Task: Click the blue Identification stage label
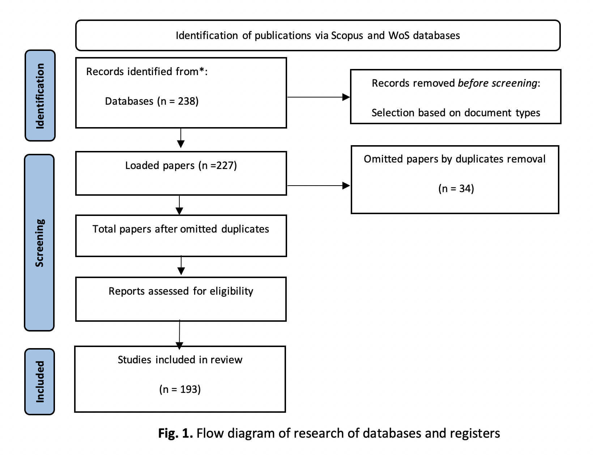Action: (x=40, y=96)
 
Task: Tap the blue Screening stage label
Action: (x=39, y=243)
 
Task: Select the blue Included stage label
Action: (x=40, y=382)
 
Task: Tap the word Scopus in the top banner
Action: (x=347, y=36)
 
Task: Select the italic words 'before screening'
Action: (x=498, y=83)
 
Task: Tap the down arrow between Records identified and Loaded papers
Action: (x=181, y=138)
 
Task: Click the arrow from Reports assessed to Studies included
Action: (x=180, y=335)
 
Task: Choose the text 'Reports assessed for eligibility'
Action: (x=181, y=291)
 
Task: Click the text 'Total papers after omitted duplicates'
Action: (x=181, y=229)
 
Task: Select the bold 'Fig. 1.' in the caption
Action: (x=176, y=433)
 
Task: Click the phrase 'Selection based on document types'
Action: (x=456, y=113)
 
